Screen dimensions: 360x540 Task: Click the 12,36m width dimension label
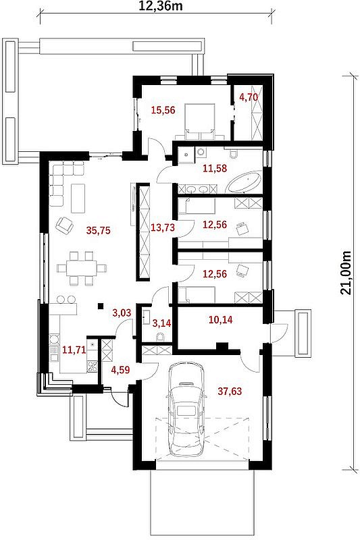coord(161,6)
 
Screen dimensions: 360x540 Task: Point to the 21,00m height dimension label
coord(346,273)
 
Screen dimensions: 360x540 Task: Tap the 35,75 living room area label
coord(99,230)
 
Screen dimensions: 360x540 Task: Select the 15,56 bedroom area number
coord(163,110)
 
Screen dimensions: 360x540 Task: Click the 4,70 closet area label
coord(249,97)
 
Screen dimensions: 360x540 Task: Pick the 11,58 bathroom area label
coord(215,168)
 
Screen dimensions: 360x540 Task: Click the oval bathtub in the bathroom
coord(244,182)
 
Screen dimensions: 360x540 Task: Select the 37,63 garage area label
coord(230,391)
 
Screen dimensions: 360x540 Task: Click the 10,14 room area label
coord(220,320)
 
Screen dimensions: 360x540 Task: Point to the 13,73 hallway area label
coord(163,227)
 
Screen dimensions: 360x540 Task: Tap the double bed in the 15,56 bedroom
coord(199,122)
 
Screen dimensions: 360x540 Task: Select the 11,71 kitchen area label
coord(74,350)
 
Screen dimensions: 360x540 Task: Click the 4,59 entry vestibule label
coord(121,370)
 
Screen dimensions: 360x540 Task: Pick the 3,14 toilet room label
coord(161,323)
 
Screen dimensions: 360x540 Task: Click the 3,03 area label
coord(122,313)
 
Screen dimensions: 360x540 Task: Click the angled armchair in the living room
coord(64,225)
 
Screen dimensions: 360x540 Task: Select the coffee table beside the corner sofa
coord(78,198)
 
